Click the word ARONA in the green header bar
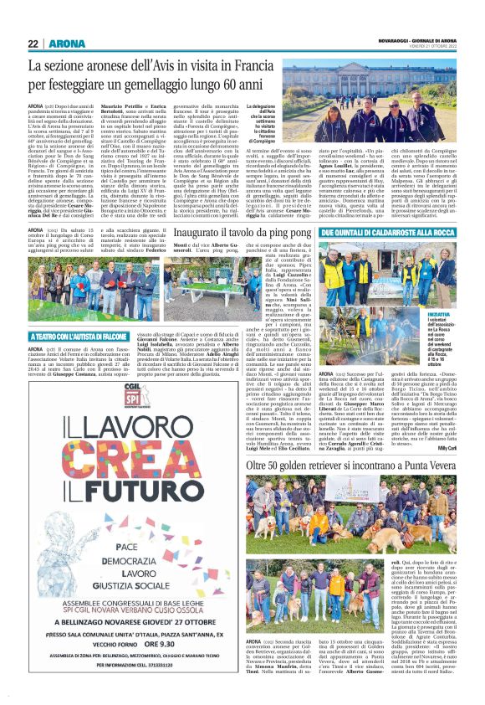coord(63,44)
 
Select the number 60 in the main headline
coord(216,85)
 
